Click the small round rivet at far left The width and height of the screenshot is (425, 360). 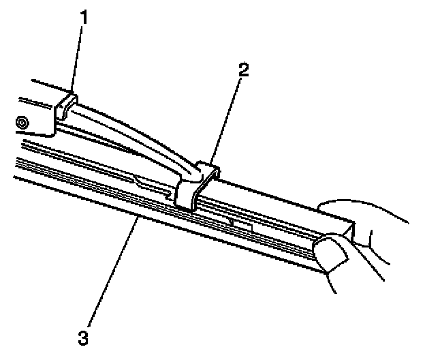point(22,122)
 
